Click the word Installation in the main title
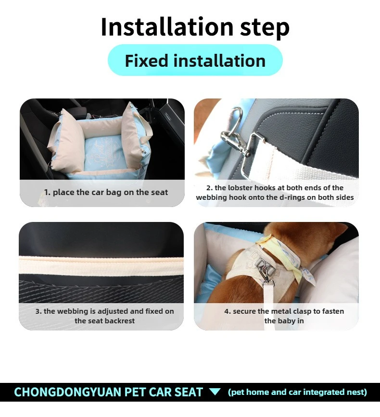coord(167,27)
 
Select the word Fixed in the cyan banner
coord(146,61)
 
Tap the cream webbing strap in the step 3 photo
coord(101,266)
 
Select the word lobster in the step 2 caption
coord(240,188)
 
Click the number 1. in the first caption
coord(47,192)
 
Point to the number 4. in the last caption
coord(228,311)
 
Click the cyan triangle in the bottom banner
coord(215,392)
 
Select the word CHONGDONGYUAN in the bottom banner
coord(68,392)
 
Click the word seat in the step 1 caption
coord(160,192)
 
